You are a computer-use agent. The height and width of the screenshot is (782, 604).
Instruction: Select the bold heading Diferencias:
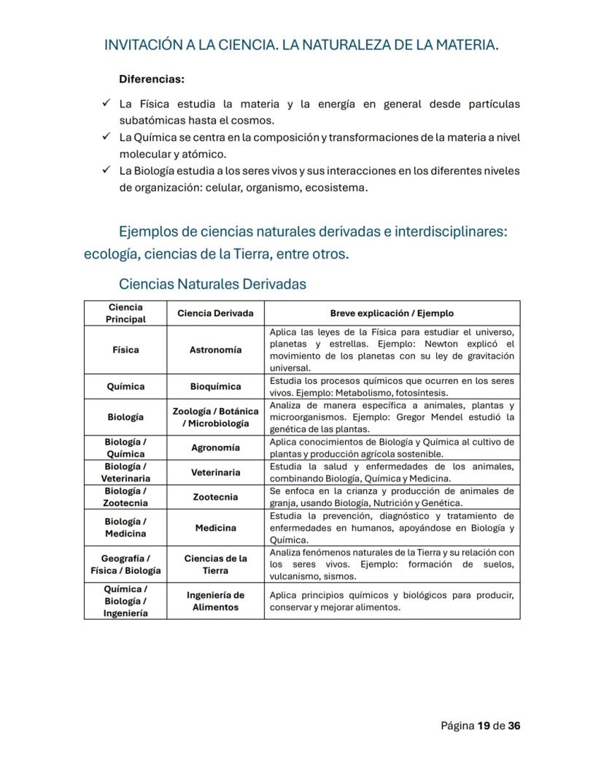(152, 78)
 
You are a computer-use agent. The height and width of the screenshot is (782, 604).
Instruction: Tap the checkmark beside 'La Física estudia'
(106, 104)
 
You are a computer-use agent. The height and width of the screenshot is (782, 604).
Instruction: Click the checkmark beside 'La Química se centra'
(106, 137)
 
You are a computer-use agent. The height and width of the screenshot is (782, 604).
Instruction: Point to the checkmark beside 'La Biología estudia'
(106, 171)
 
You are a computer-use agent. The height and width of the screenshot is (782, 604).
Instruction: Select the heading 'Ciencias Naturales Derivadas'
(212, 283)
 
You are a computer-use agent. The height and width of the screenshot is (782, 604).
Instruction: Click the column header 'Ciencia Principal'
(125, 313)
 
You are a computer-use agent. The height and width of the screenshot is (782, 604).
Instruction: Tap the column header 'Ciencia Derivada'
(215, 313)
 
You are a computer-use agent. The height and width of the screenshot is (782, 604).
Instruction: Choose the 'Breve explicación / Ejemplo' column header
(392, 313)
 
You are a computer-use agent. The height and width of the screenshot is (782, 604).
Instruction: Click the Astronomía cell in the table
(215, 350)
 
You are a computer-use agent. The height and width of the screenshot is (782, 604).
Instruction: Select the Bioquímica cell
(215, 386)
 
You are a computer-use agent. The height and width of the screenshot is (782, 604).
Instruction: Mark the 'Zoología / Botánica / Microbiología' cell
(215, 417)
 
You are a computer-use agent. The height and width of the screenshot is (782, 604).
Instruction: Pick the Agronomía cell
(215, 448)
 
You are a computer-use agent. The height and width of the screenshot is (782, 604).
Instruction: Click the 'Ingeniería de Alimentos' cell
(215, 601)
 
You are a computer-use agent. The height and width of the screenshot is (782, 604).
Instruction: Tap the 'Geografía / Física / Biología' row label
(125, 564)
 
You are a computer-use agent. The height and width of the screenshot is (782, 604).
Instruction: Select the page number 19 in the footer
(484, 726)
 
